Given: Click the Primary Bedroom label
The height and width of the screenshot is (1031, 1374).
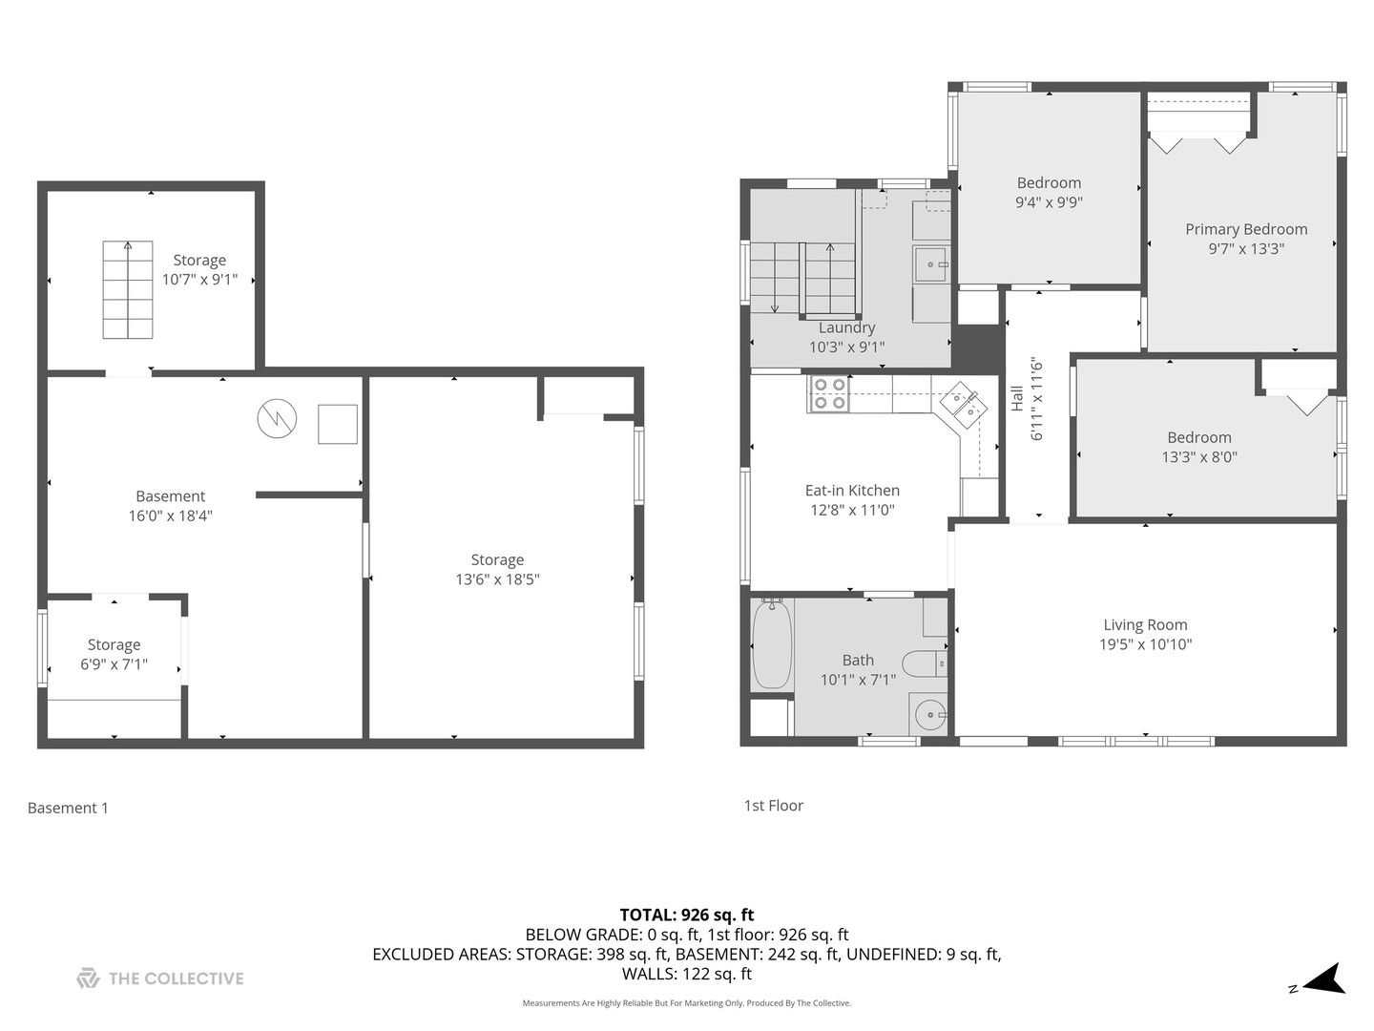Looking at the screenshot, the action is click(x=1246, y=230).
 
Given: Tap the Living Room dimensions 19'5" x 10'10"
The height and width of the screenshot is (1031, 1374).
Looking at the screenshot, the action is click(x=1146, y=644).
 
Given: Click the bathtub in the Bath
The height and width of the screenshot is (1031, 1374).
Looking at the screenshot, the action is click(x=772, y=644).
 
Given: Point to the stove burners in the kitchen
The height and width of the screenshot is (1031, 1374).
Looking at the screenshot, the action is click(x=829, y=393).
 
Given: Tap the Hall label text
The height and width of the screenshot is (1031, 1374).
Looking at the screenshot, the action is click(x=1017, y=398).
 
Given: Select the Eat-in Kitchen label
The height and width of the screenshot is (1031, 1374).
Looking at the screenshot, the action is click(x=852, y=490).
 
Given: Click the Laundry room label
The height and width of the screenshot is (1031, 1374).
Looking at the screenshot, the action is click(x=846, y=327).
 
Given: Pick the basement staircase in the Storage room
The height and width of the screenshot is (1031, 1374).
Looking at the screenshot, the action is click(x=128, y=289).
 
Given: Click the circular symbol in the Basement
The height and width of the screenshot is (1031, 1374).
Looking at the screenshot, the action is click(x=277, y=419).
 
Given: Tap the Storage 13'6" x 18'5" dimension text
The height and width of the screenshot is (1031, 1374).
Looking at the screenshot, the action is click(x=497, y=579).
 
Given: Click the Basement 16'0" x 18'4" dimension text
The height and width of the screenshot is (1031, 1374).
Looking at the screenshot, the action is click(x=170, y=515).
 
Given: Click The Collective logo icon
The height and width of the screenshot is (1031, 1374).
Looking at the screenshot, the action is click(x=89, y=978).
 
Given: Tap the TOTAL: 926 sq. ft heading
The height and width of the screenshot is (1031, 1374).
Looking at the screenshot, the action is click(x=687, y=915).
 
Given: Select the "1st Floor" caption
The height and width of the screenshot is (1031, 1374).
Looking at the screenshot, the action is click(x=773, y=806).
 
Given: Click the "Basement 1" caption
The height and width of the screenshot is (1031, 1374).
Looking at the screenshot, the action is click(x=68, y=809).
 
